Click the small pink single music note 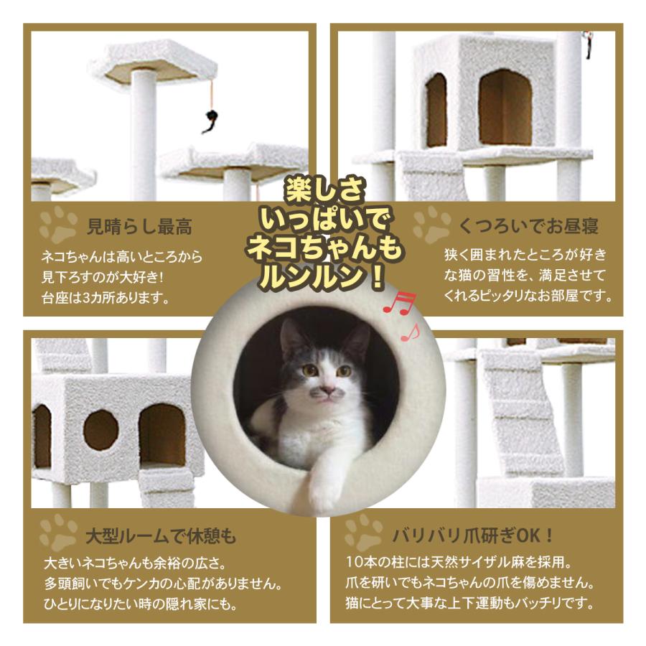(410, 332)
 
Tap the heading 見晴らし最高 (139, 228)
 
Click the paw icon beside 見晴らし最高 (57, 225)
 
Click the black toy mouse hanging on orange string (210, 121)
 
